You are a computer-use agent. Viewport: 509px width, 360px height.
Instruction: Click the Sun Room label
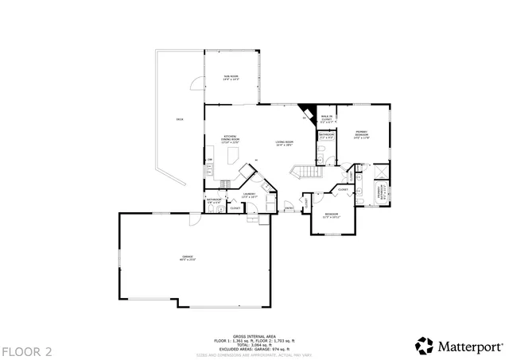(x=231, y=77)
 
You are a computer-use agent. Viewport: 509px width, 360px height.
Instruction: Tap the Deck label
(x=179, y=119)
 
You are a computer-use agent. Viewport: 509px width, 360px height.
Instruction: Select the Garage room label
(x=188, y=257)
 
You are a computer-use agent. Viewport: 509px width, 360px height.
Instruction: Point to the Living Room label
(x=284, y=144)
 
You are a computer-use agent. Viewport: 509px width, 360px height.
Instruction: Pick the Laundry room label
(x=249, y=195)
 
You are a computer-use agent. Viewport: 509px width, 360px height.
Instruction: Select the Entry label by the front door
(x=289, y=208)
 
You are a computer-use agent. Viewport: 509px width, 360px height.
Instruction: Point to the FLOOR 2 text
(x=26, y=350)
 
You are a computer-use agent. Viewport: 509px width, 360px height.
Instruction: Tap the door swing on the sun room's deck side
(x=193, y=83)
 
